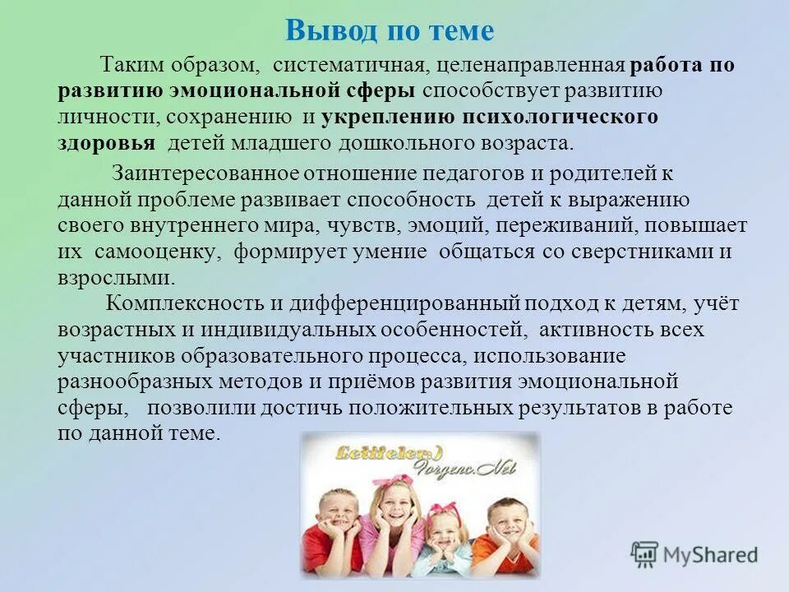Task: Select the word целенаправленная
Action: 532,66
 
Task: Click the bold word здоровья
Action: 106,143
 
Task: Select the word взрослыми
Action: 116,277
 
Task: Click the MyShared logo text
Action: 708,555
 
